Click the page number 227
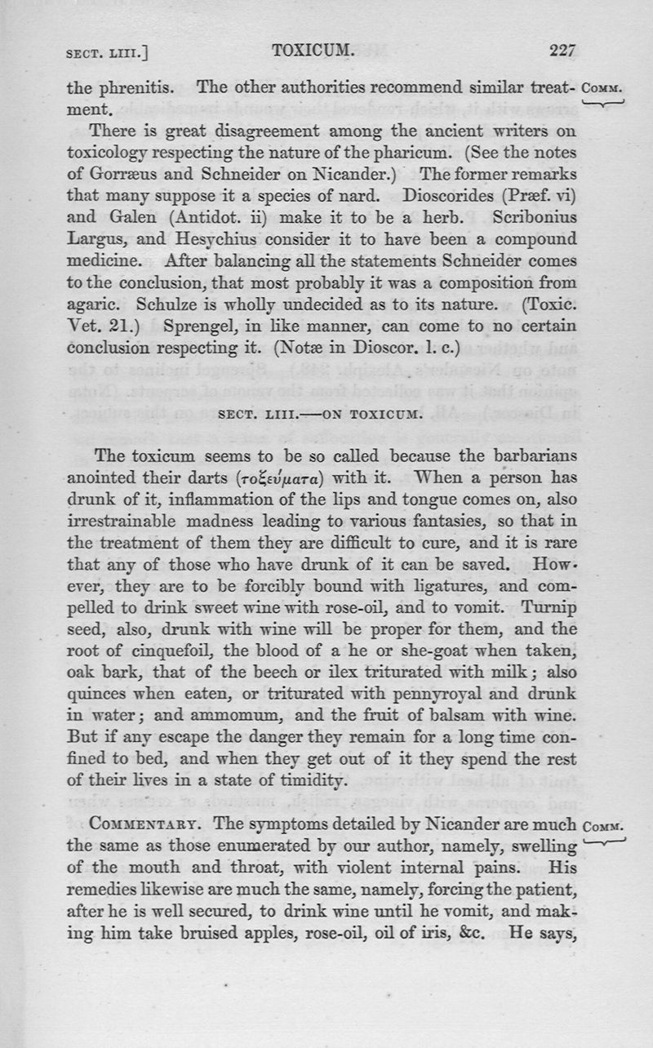562,51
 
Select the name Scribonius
535,218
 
